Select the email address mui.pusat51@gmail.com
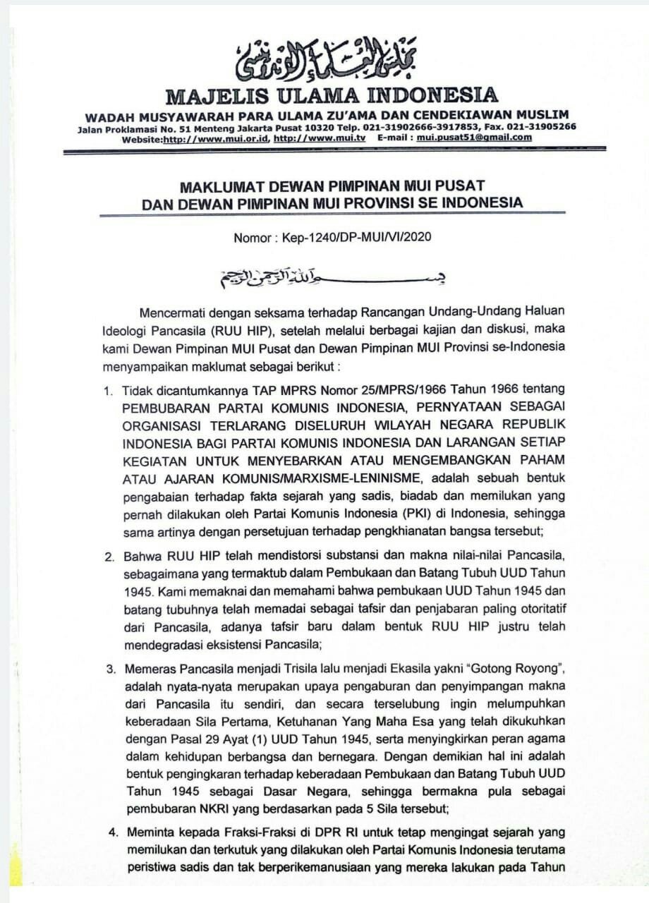click(x=474, y=138)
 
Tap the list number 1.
click(x=109, y=389)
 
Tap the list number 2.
click(x=109, y=557)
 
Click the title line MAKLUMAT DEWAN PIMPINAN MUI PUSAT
click(x=332, y=186)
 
